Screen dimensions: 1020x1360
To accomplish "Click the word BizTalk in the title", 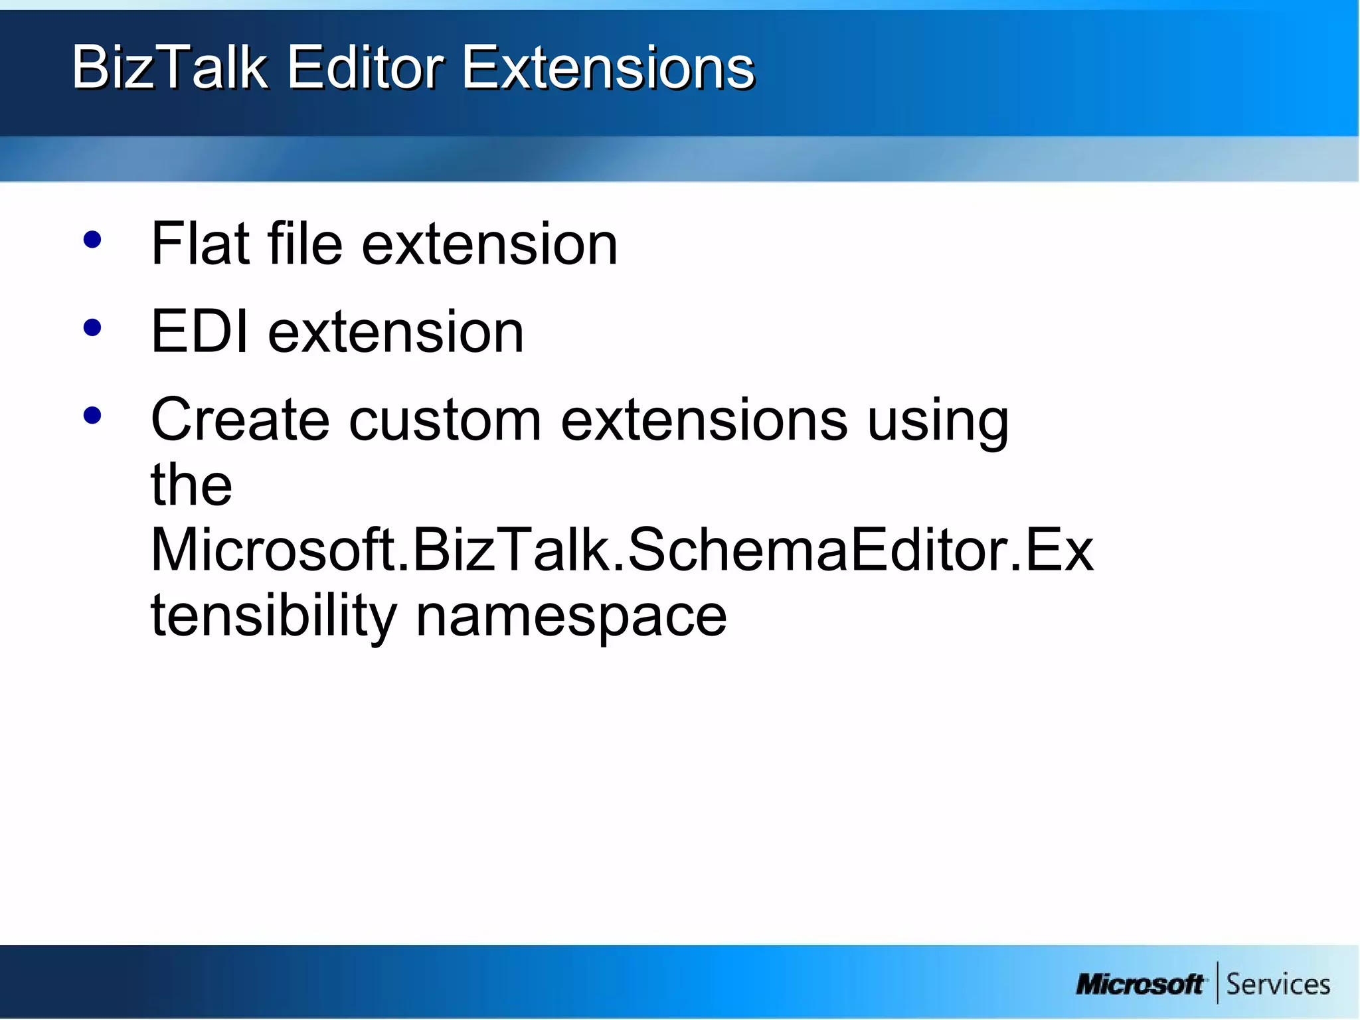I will [169, 67].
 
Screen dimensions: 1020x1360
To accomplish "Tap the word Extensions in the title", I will [608, 67].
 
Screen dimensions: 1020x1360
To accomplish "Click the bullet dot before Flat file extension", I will [92, 240].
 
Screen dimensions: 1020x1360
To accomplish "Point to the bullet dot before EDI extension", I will [92, 327].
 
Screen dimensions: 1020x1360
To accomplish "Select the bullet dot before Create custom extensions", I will [92, 416].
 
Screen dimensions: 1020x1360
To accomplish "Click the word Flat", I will [200, 244].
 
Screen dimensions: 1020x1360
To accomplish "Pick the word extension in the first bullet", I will [489, 244].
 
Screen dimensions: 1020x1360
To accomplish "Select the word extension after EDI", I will [396, 331].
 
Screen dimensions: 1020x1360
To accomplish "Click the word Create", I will [240, 420].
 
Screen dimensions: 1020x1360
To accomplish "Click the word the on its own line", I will [191, 485].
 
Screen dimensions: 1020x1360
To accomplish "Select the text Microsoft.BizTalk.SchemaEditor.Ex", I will [622, 550].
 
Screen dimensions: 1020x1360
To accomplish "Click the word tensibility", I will [274, 616].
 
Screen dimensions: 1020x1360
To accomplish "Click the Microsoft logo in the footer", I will [1140, 984].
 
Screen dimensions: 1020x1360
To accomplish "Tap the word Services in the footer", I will [1278, 984].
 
